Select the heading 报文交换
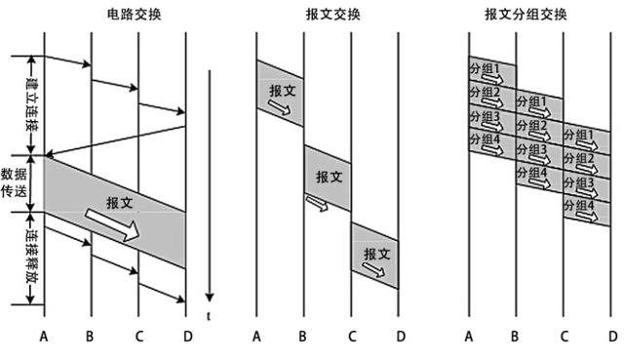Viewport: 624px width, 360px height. (x=329, y=16)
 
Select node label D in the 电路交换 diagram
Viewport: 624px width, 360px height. (x=186, y=337)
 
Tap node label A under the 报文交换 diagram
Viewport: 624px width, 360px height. (x=256, y=337)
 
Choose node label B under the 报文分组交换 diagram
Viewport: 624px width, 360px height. (x=517, y=337)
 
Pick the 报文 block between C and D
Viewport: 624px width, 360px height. (x=375, y=254)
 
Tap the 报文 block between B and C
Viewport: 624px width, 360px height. (x=329, y=178)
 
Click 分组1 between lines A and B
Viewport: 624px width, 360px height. (x=486, y=70)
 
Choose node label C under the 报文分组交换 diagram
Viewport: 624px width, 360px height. (x=564, y=337)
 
